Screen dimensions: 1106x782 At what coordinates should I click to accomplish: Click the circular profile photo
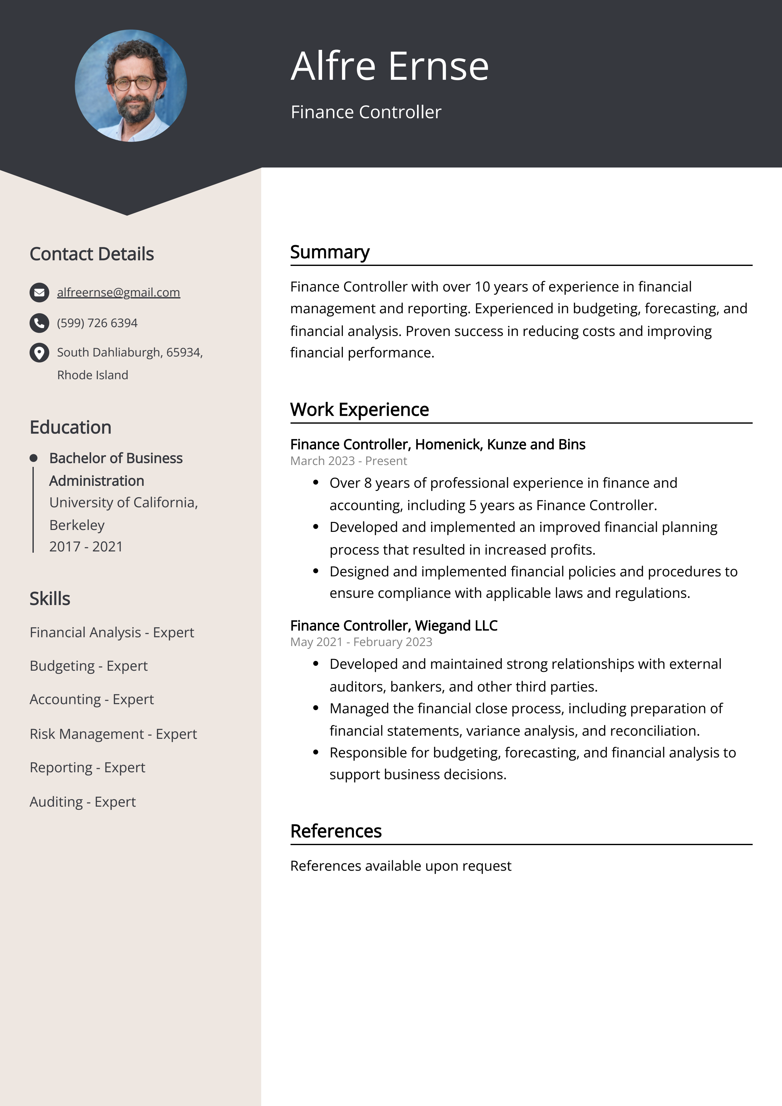131,86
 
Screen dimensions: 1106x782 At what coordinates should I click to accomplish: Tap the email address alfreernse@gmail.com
119,292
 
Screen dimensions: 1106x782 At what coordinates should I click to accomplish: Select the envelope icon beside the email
39,292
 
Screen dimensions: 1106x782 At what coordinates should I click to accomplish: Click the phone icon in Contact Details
39,323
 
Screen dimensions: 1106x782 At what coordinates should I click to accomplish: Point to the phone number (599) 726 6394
97,323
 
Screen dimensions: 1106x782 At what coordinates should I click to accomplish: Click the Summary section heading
330,252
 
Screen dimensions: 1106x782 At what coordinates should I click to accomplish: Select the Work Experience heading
359,409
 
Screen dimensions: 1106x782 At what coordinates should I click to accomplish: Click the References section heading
336,831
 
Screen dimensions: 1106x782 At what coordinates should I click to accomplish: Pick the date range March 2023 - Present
348,461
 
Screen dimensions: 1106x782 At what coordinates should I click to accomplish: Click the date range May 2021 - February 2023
361,642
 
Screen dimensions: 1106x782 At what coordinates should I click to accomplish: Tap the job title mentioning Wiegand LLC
394,625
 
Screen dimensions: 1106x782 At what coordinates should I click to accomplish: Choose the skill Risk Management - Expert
113,734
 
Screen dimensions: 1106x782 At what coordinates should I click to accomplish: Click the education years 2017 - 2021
86,547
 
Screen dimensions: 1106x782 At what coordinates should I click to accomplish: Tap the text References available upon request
400,866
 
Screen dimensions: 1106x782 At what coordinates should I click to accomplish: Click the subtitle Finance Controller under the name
366,112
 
